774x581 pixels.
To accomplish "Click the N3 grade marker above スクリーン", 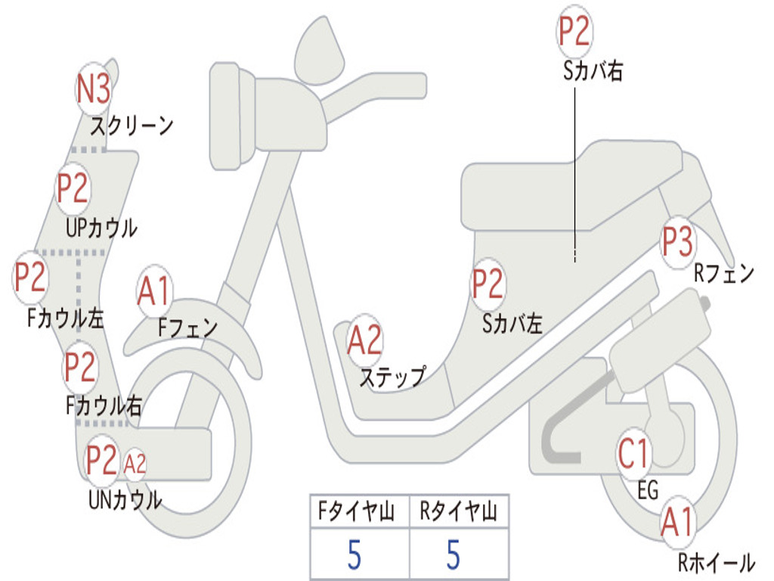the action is coord(94,89).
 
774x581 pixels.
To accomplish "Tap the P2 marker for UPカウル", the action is coord(73,189).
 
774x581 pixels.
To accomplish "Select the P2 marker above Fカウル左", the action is coord(31,278).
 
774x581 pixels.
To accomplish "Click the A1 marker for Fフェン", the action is coord(155,291).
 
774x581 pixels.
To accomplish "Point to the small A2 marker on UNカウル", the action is coord(135,463).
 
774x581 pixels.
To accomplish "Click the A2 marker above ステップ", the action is coord(364,341).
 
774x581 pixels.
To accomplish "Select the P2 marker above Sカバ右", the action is coord(574,32).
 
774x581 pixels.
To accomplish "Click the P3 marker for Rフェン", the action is coord(677,243).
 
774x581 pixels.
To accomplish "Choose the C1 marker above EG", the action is coord(633,455).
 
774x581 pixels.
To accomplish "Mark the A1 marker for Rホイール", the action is coord(676,523).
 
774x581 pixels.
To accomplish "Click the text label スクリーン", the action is coord(132,125).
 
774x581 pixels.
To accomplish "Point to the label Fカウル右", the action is coord(104,406).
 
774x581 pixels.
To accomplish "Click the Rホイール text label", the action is coord(717,562).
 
